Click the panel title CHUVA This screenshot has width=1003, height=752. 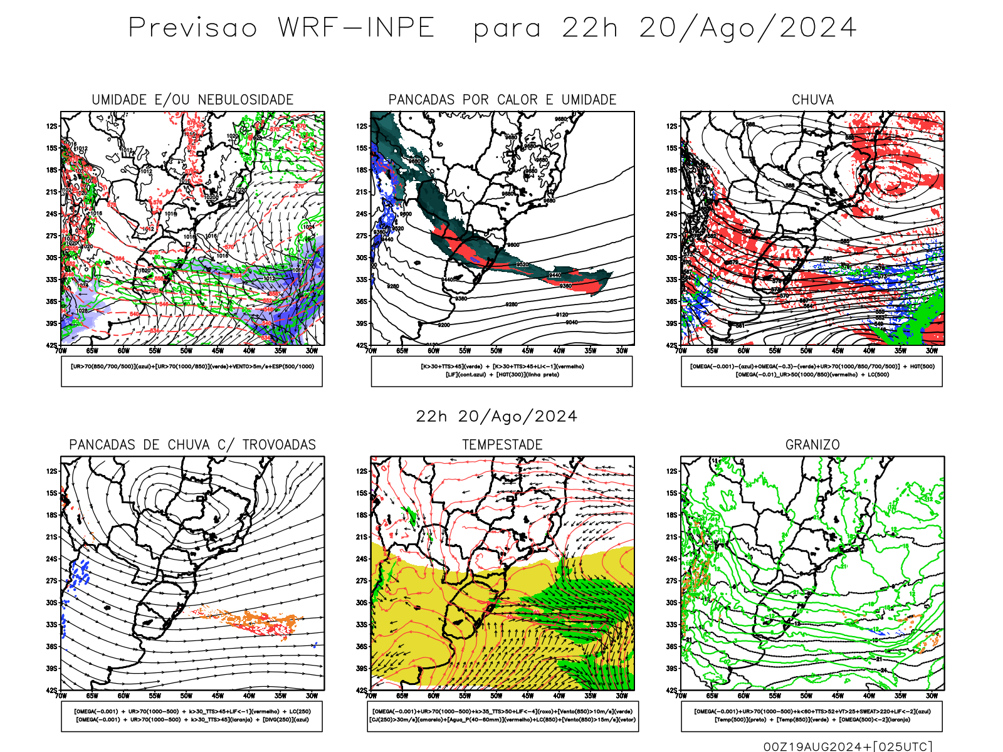(812, 100)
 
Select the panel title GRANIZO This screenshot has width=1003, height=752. (812, 445)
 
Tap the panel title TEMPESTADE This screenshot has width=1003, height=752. (502, 445)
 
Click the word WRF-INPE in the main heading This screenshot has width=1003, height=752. (356, 28)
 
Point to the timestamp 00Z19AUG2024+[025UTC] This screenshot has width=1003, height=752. (848, 746)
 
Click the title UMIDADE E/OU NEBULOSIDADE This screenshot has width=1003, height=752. (192, 100)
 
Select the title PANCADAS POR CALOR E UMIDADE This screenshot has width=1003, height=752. (502, 100)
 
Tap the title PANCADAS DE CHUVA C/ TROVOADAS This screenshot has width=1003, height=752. (192, 445)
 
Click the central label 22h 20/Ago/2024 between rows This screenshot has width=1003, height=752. (496, 417)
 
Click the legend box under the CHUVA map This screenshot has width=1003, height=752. (812, 371)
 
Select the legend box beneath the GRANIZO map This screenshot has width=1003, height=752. (812, 716)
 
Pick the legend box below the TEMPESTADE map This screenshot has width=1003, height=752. (502, 716)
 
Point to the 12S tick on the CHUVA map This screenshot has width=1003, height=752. (672, 126)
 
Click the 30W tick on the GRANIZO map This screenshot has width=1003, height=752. (932, 696)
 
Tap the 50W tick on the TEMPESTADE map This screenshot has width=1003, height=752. (496, 696)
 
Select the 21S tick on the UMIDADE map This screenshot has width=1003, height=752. (51, 192)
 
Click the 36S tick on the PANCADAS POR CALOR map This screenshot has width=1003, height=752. (362, 301)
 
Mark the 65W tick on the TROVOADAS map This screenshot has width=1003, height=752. (92, 696)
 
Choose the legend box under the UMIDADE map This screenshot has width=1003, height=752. (192, 371)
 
